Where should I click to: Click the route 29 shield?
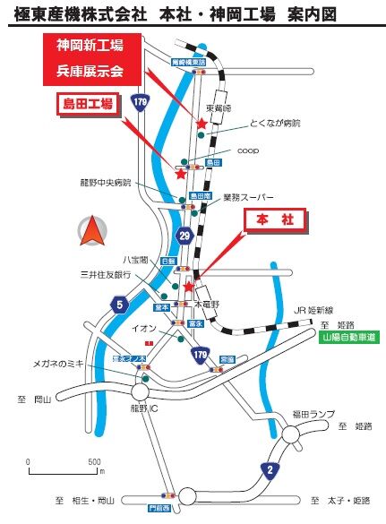pyautogui.click(x=184, y=235)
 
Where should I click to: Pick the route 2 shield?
pyautogui.click(x=270, y=468)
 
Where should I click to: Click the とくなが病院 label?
pyautogui.click(x=277, y=124)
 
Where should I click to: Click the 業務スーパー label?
pyautogui.click(x=248, y=196)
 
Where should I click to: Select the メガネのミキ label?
pyautogui.click(x=58, y=364)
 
